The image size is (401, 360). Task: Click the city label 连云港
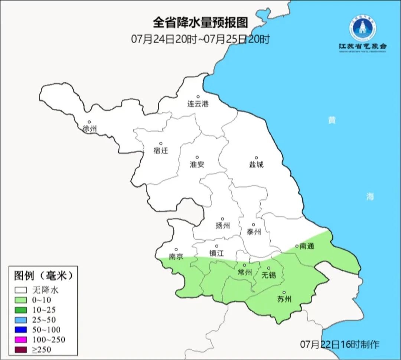(198, 104)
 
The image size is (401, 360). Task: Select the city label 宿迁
(161, 150)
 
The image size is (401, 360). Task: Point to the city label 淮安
(197, 164)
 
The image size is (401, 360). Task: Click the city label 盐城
(256, 165)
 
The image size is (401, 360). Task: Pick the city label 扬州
(222, 226)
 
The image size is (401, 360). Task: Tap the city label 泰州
(254, 232)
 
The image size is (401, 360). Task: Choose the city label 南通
(307, 246)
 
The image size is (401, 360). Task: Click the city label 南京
(176, 257)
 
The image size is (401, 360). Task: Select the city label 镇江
(216, 253)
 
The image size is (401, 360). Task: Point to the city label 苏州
(284, 299)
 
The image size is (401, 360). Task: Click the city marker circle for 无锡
(269, 268)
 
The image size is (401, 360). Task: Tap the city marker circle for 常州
(244, 265)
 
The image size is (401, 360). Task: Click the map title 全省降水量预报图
(200, 23)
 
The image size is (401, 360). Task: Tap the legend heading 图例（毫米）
(42, 276)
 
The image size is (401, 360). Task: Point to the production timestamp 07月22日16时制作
(340, 344)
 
